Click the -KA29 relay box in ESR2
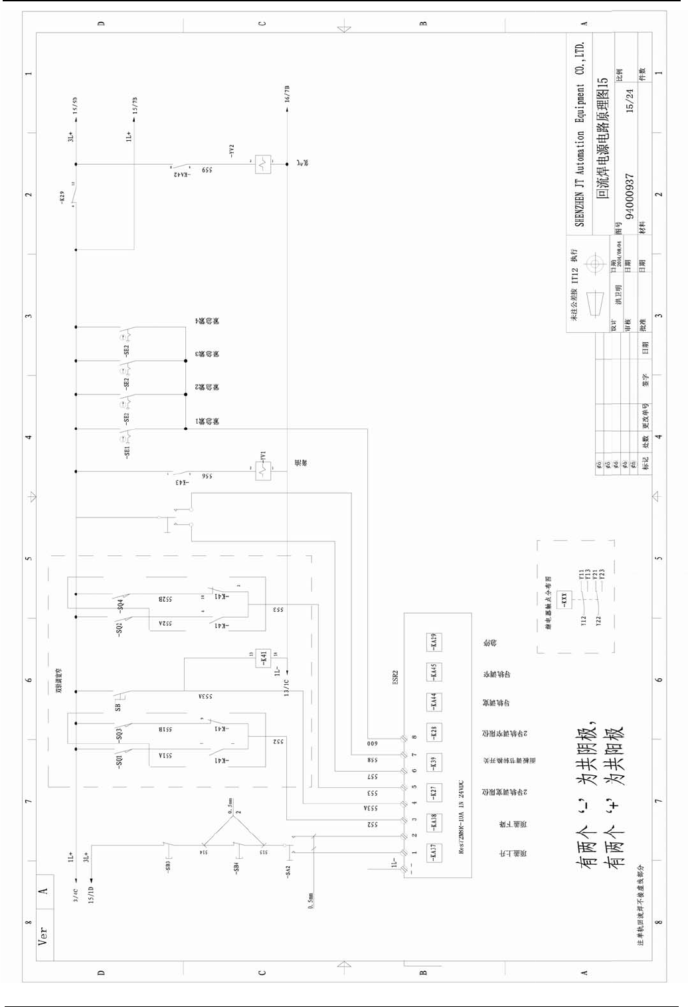click(x=434, y=642)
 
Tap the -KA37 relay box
click(x=434, y=852)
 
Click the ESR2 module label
click(x=395, y=678)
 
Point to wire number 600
click(x=372, y=743)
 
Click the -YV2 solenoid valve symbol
click(x=264, y=163)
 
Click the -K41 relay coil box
click(x=264, y=658)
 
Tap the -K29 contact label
click(x=62, y=197)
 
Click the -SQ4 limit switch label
click(x=120, y=604)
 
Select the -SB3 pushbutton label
click(x=168, y=866)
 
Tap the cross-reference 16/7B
click(x=287, y=94)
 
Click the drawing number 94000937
click(x=630, y=197)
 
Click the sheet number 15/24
click(x=630, y=100)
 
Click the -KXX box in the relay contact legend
click(x=564, y=598)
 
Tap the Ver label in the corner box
click(x=43, y=936)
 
